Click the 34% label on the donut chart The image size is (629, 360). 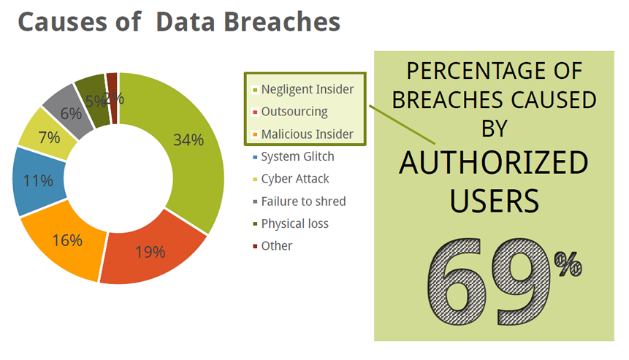click(188, 140)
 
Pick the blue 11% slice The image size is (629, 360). click(38, 181)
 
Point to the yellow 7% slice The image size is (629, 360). click(48, 137)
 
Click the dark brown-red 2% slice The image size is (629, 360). click(113, 99)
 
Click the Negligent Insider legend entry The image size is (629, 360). click(303, 89)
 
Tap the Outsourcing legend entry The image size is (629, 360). click(290, 112)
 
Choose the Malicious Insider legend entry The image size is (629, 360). click(303, 134)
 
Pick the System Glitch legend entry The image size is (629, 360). click(294, 156)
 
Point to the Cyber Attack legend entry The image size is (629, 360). click(291, 179)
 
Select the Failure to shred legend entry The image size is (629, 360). click(300, 202)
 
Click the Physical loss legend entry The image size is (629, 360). click(291, 223)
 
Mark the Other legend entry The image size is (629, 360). click(272, 246)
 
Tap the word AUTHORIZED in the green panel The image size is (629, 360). click(494, 163)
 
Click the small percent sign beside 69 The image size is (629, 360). click(568, 264)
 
